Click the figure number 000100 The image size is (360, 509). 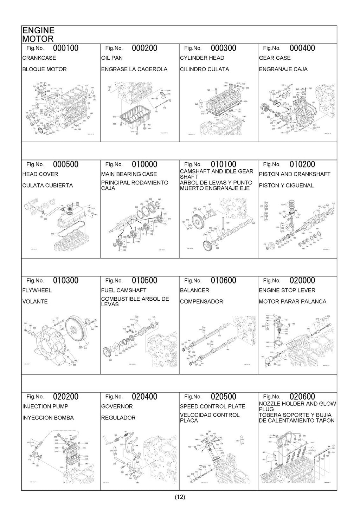coord(66,48)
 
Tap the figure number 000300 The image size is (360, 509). coord(224,48)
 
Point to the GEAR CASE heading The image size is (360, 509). coord(275,58)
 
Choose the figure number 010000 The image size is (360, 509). coord(145,164)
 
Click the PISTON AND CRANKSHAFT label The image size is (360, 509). coord(295,174)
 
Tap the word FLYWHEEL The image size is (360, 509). coord(37,291)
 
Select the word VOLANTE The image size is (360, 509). coord(35,301)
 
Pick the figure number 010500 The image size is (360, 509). coord(145,281)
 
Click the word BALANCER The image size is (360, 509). coord(194,291)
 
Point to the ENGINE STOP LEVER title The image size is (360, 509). coord(287,291)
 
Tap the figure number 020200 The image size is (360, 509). coord(66,397)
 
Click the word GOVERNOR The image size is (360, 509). coord(117,406)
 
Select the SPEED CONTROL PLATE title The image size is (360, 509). coord(213,406)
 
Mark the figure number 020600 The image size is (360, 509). coord(302,397)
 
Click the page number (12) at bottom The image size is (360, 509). coord(180,497)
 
